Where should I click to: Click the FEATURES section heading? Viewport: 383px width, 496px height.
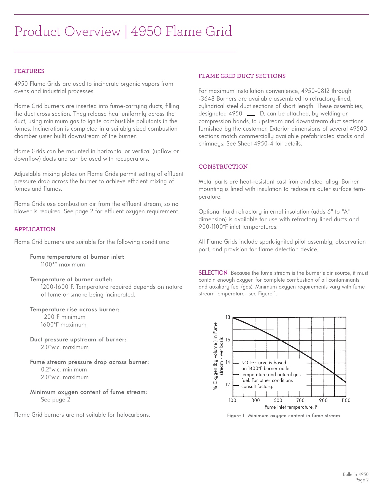29,71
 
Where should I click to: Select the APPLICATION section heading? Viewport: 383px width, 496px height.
35,229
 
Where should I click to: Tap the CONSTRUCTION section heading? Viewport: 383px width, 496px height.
223,167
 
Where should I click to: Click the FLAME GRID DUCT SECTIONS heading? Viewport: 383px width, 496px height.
242,76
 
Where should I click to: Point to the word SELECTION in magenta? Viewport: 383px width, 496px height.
213,273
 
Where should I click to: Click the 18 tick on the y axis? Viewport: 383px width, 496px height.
228,317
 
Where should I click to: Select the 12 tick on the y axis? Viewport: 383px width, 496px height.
228,385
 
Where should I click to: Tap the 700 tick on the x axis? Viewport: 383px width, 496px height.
300,400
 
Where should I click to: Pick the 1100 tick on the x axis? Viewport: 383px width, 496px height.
346,400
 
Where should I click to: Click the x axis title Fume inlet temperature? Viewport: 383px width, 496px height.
291,407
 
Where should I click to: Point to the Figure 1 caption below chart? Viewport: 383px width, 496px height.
284,416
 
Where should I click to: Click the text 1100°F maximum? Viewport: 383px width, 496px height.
63,265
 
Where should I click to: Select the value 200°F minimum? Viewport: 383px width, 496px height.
65,317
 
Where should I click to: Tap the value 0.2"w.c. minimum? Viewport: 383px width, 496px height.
64,370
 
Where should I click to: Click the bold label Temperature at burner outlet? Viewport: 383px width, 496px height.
71,279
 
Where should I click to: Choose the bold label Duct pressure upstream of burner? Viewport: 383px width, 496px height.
78,339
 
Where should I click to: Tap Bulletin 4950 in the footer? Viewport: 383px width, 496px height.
355,474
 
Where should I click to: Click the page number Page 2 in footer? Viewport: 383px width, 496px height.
362,480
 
